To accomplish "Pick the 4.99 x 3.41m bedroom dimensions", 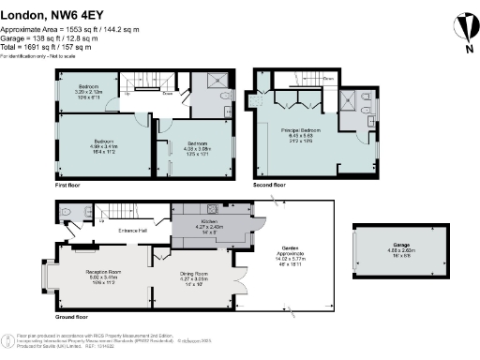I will coord(103,147).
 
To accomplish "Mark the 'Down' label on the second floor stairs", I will coord(329,78).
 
